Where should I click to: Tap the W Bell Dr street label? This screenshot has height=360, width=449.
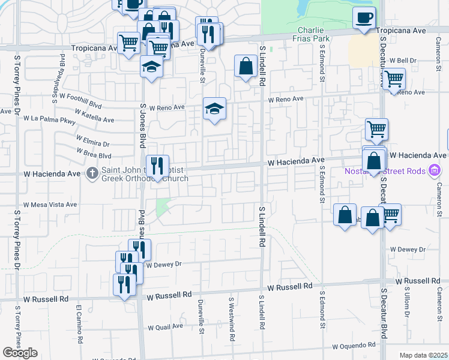point(403,61)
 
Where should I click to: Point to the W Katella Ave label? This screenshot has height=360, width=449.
point(95,116)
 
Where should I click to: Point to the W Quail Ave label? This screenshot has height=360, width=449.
point(165,326)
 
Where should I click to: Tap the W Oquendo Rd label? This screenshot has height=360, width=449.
point(355,345)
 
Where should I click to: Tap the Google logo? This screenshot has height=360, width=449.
point(20,353)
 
